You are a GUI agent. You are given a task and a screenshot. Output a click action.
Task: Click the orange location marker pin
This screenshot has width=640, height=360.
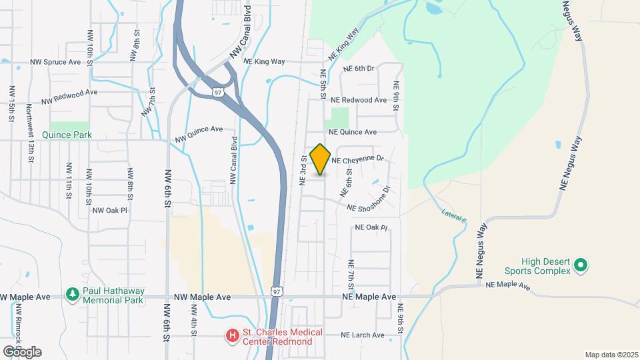[x=321, y=159]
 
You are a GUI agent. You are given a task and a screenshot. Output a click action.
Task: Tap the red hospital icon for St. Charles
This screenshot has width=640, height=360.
[x=232, y=335]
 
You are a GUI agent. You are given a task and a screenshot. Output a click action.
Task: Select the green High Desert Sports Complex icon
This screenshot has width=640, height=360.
[x=580, y=265]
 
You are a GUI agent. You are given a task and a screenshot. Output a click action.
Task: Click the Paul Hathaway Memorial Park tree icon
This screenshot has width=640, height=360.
[x=72, y=293]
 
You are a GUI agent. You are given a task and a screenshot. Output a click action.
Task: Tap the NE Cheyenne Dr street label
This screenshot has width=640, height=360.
[x=358, y=160]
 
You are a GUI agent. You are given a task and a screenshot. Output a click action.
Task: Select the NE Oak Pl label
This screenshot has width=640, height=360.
[x=371, y=227]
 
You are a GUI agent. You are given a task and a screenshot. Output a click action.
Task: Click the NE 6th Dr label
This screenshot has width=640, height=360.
[x=360, y=69]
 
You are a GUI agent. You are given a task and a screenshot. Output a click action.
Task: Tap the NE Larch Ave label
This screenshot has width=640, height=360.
[x=363, y=335]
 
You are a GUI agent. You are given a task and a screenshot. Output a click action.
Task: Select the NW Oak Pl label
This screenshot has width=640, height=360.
[x=110, y=210]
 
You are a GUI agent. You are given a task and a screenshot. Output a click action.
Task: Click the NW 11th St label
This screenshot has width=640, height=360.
[x=68, y=180]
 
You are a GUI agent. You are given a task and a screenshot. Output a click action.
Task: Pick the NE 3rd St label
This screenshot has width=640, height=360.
[x=303, y=170]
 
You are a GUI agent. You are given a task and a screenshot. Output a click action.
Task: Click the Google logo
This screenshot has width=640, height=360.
[x=23, y=351]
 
